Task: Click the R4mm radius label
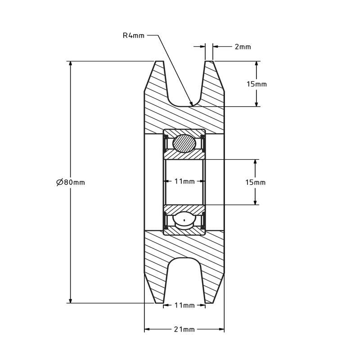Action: (133, 36)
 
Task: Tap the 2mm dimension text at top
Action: (243, 46)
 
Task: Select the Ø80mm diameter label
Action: (71, 182)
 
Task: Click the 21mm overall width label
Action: (184, 329)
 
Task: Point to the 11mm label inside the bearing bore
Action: (184, 181)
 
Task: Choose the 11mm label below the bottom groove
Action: (184, 305)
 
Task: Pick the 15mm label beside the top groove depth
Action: (256, 84)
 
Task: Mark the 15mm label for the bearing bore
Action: (255, 182)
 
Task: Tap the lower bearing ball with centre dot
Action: (184, 220)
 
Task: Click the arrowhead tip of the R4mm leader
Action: (192, 105)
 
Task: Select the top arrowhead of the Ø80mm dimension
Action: (70, 63)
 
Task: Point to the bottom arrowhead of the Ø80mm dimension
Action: (70, 301)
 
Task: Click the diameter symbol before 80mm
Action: (59, 182)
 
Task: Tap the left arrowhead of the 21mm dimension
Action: (146, 329)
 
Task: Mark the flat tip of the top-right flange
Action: (209, 61)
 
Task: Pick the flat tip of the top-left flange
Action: (159, 61)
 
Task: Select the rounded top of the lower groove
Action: (184, 259)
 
